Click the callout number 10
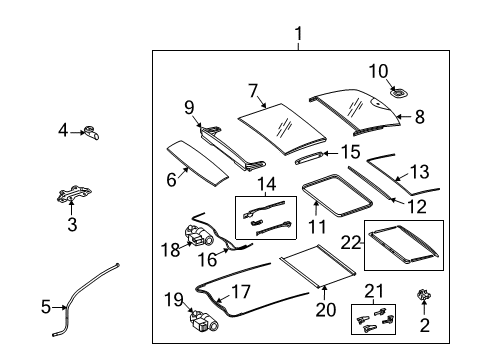(x=378, y=71)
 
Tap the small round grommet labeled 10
(x=399, y=92)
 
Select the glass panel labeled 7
(x=282, y=129)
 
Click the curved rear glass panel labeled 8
(x=355, y=112)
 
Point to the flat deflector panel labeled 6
(x=197, y=163)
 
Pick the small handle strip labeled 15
(x=309, y=158)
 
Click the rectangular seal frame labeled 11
(x=337, y=195)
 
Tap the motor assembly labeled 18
(x=199, y=235)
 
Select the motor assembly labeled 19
(x=204, y=321)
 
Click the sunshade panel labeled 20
(x=318, y=266)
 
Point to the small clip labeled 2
(x=424, y=295)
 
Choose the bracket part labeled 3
(x=74, y=194)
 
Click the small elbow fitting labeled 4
(x=91, y=133)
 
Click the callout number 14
(x=267, y=184)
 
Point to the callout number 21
(x=374, y=291)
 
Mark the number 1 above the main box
(x=299, y=34)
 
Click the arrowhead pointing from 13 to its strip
(x=397, y=179)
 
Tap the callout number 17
(x=241, y=292)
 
